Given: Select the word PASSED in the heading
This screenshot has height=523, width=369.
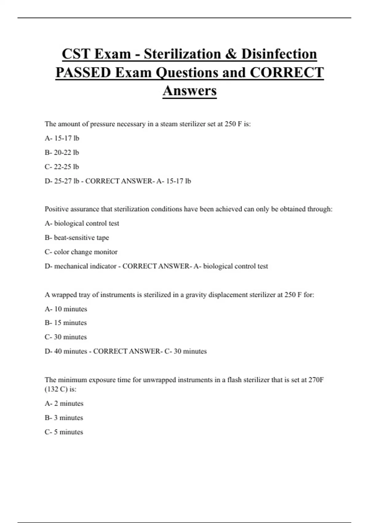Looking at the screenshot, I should (83, 73).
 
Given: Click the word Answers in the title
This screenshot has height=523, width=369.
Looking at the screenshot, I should (189, 91).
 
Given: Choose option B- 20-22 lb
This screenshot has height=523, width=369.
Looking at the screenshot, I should (62, 153).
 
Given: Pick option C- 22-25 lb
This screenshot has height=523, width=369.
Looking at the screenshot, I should (62, 167).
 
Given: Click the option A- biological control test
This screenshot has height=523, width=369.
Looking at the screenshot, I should (82, 223).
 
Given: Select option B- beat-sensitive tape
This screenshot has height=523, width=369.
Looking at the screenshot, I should (77, 238).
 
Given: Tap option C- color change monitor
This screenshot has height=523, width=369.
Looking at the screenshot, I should (81, 252).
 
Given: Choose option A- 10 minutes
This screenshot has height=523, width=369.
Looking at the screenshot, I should (66, 309).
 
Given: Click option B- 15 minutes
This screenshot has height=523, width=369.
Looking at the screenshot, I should (65, 323).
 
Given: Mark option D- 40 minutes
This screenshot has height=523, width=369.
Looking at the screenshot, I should (66, 351).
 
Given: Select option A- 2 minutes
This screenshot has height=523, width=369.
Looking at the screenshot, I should (64, 403).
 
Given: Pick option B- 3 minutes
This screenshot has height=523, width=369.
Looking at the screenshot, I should (64, 418).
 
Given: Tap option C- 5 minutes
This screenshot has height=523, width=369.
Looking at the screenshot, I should (64, 432).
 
